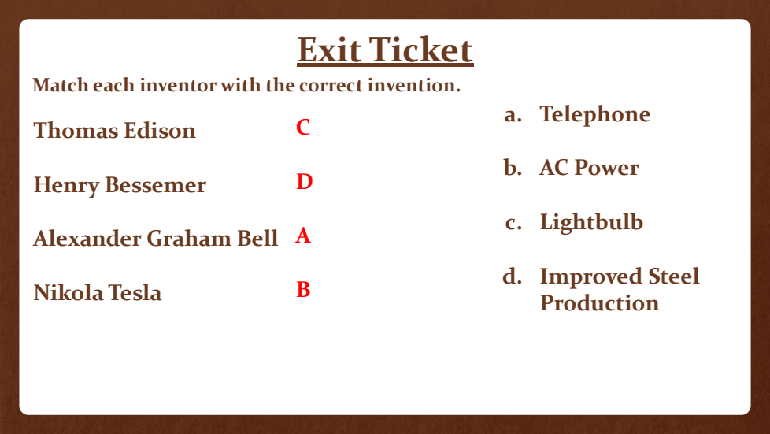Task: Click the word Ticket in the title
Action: coord(421,50)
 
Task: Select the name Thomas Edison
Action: coord(114,131)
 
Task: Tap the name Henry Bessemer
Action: coord(120,185)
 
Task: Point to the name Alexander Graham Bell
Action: coord(156,239)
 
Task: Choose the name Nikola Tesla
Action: coord(97,292)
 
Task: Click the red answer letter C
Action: coord(303,128)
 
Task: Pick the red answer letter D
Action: coord(305,181)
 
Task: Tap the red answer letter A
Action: coord(303,236)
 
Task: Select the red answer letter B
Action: coord(303,290)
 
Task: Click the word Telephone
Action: coord(595,114)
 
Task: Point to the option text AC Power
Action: coord(589,168)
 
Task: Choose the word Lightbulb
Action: coord(592,222)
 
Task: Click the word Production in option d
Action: coord(600,302)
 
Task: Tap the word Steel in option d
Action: coord(674,276)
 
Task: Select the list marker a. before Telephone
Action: coord(513,115)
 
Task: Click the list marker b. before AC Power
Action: coord(513,167)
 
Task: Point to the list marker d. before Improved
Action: coord(513,276)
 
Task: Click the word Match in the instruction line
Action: coord(60,85)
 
